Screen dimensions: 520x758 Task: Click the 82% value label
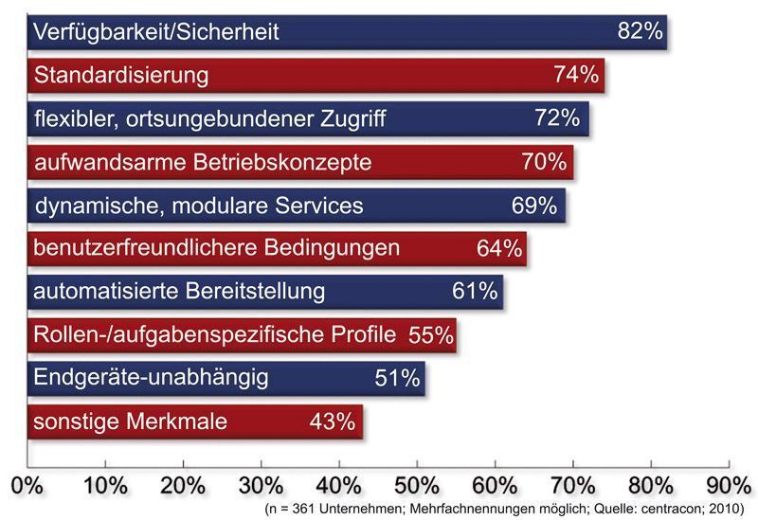coord(640,31)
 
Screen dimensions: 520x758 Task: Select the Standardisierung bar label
coord(120,75)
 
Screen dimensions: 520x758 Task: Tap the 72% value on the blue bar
coord(555,118)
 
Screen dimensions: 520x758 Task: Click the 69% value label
coord(533,206)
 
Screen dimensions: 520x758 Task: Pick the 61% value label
coord(475,291)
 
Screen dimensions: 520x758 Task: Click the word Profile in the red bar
coord(364,334)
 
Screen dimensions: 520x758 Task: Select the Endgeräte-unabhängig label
coord(151,378)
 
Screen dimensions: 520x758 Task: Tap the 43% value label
coord(332,421)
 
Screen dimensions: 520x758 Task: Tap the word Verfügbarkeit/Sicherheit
coord(155,32)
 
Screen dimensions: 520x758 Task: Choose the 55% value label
coord(430,334)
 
